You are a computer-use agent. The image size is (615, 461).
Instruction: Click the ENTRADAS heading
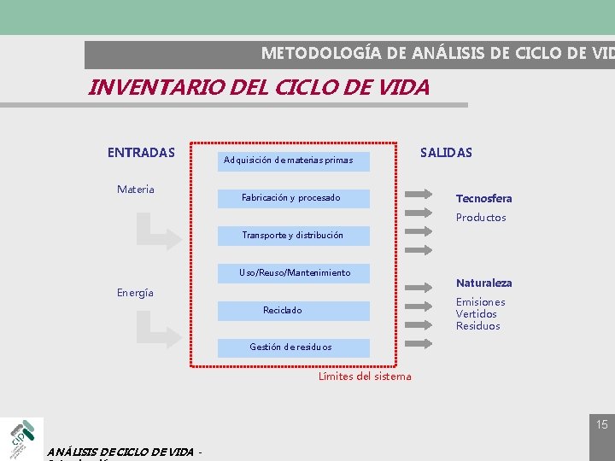[141, 153]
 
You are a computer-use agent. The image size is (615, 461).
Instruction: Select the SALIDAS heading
[446, 153]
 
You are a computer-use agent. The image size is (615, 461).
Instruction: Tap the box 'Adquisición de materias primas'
[293, 160]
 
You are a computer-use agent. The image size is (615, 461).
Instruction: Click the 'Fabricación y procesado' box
[293, 198]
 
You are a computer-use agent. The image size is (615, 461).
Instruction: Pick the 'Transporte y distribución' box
[293, 236]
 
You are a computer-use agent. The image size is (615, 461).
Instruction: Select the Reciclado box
[293, 311]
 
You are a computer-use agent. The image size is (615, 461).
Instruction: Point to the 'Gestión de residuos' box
[293, 347]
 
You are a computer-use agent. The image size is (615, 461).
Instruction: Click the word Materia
[136, 189]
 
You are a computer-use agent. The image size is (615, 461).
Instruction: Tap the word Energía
[135, 293]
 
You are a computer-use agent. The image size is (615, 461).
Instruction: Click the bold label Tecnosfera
[483, 198]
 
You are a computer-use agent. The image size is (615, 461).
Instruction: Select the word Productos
[481, 218]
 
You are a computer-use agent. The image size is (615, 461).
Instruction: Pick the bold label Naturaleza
[483, 283]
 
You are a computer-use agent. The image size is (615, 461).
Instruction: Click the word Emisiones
[480, 302]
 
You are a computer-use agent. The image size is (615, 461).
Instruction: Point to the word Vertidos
[477, 314]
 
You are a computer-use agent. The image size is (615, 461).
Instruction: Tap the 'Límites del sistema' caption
[365, 376]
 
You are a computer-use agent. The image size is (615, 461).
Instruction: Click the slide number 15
[602, 424]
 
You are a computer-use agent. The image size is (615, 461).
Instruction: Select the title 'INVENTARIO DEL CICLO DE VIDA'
[259, 87]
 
